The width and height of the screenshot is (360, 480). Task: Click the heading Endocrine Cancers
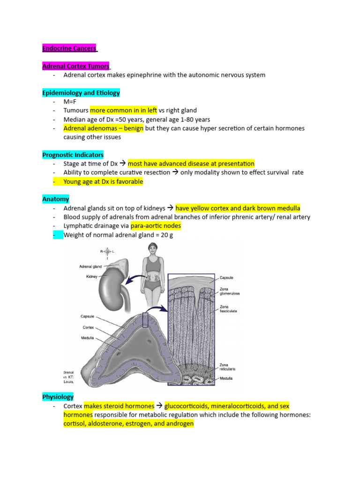point(69,48)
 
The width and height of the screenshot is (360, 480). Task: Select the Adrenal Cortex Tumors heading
point(75,66)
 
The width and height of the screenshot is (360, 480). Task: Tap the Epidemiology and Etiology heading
point(81,93)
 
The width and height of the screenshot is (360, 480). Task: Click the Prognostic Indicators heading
point(73,155)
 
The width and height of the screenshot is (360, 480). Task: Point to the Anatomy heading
point(55,199)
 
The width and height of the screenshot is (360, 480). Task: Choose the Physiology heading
point(58,397)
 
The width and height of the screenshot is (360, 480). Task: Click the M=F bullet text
point(70,102)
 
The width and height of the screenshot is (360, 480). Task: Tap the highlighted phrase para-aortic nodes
point(156,226)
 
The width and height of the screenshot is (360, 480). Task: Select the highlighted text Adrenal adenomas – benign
point(104,128)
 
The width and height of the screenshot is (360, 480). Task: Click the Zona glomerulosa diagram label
point(229,291)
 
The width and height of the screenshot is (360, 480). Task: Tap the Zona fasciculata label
point(229,309)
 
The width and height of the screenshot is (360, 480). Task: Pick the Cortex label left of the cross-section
point(89,327)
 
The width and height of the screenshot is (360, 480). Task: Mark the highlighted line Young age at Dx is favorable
point(103,181)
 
